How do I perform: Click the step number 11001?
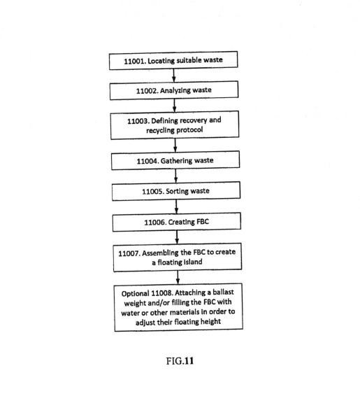tap(135, 61)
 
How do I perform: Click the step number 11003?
tap(138, 121)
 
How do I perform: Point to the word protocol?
tap(189, 129)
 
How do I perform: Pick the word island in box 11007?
tap(194, 262)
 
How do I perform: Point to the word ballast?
tap(223, 292)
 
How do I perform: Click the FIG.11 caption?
tap(180, 361)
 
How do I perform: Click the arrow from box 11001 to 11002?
tap(174, 76)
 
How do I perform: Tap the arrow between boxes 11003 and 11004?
tap(175, 145)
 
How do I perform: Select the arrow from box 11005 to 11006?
tap(176, 206)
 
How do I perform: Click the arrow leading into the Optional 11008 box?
tap(178, 277)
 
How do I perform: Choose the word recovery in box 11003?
tap(193, 121)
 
